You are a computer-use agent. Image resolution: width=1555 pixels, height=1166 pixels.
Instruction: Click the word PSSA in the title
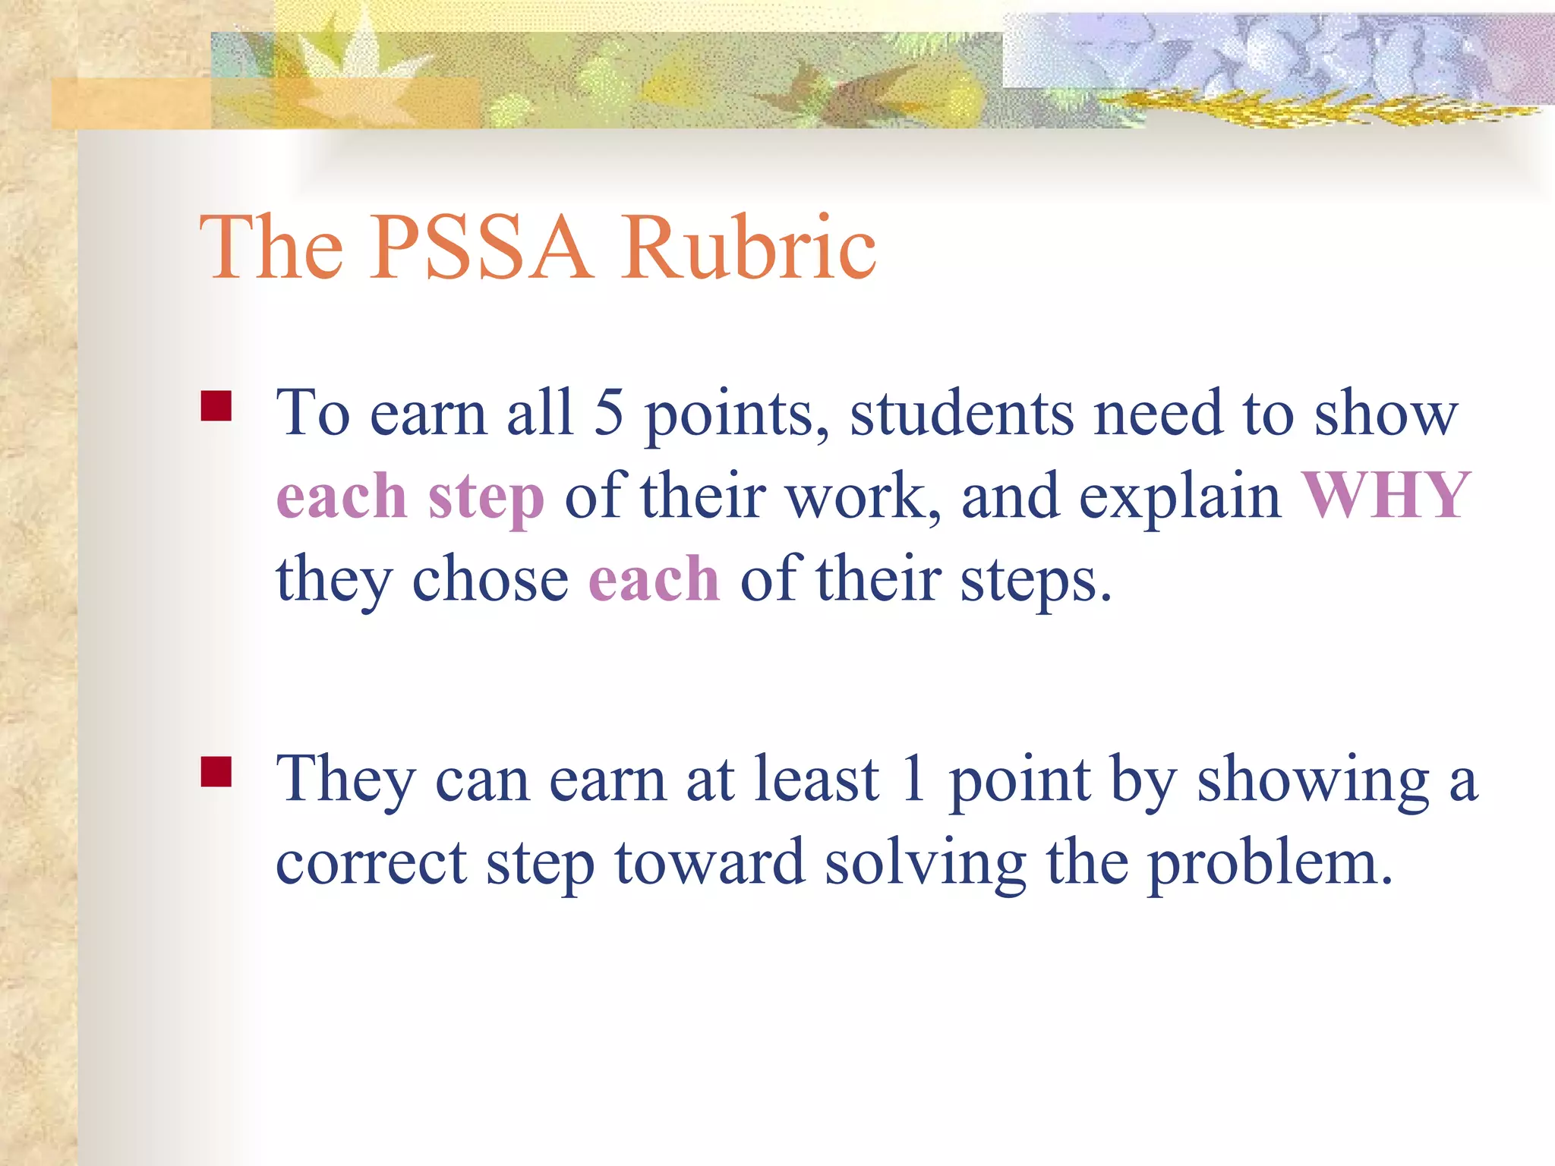480,247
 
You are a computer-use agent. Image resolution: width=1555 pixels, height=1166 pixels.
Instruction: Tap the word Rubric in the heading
749,247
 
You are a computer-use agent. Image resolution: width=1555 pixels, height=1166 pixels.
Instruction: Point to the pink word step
486,498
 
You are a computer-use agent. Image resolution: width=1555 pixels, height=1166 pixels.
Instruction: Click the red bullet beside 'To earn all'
216,406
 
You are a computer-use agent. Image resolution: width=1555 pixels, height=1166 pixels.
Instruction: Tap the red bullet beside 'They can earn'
216,772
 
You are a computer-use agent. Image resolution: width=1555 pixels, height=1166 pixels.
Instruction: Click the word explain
1180,496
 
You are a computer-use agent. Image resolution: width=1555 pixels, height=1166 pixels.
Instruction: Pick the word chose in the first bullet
490,579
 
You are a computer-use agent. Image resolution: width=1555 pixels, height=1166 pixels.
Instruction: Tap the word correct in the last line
371,863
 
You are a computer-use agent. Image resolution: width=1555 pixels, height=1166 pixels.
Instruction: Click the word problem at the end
1270,865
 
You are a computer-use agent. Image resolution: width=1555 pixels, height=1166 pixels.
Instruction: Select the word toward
709,863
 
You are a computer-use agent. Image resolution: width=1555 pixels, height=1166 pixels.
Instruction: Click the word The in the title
271,247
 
